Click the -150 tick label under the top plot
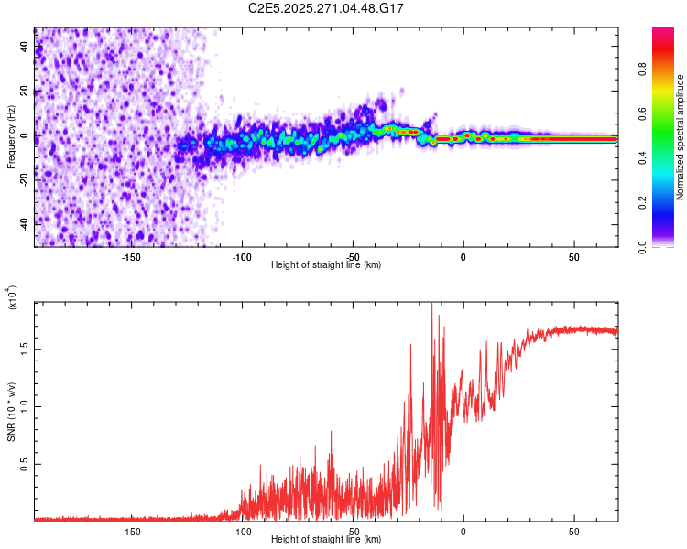[131, 257]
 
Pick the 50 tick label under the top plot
[574, 257]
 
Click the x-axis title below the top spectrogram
[326, 265]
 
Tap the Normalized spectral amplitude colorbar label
[680, 137]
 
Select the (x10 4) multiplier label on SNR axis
[12, 297]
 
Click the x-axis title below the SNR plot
[326, 540]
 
